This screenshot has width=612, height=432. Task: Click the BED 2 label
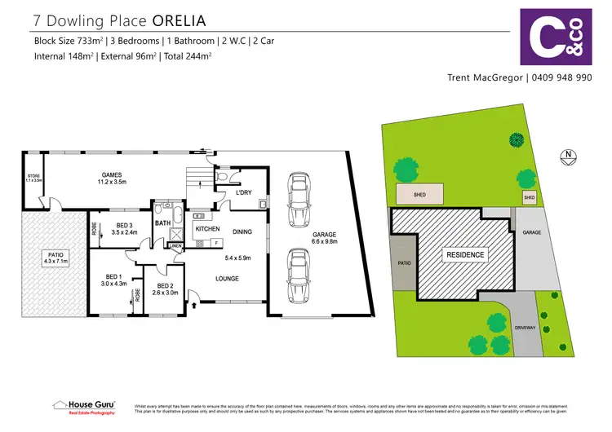click(166, 286)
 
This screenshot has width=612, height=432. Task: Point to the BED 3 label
click(124, 226)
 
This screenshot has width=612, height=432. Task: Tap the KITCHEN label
click(207, 230)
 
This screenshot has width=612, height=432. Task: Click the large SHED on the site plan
click(420, 194)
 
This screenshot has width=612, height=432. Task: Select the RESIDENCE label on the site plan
click(464, 255)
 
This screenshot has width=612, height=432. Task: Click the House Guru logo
click(83, 406)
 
